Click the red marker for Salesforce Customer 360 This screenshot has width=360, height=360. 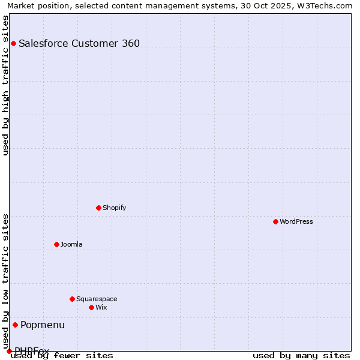[x=13, y=43]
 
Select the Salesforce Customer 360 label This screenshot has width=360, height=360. [x=79, y=43]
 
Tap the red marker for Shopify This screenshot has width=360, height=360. [x=98, y=208]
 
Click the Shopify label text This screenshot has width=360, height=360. [x=114, y=208]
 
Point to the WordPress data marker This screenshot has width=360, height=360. [x=275, y=221]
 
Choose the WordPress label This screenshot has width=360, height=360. [x=296, y=221]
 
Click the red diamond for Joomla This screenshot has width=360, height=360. [x=56, y=244]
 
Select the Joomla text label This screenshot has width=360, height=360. [x=71, y=244]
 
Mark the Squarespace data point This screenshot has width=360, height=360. [x=72, y=299]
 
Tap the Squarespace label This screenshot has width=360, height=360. [x=97, y=299]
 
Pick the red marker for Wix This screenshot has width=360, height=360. [x=91, y=307]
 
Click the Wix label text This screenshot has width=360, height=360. [x=101, y=307]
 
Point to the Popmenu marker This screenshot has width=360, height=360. [x=15, y=325]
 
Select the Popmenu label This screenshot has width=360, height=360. [x=43, y=325]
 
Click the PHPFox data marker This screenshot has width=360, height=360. [x=9, y=351]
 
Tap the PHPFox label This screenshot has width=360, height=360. [x=32, y=350]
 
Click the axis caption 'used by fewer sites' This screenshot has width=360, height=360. [x=62, y=355]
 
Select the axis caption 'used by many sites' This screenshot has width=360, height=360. [x=301, y=355]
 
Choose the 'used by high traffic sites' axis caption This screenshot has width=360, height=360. [x=5, y=85]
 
